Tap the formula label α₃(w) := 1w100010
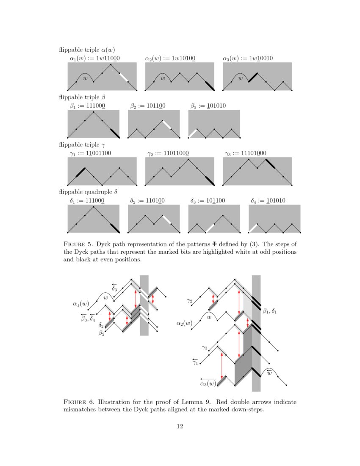249,58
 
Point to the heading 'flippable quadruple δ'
88,192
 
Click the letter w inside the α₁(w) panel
85,78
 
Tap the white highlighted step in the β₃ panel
192,133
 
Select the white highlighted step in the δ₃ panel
210,228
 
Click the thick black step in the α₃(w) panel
253,77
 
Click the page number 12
180,426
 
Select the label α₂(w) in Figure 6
185,323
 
